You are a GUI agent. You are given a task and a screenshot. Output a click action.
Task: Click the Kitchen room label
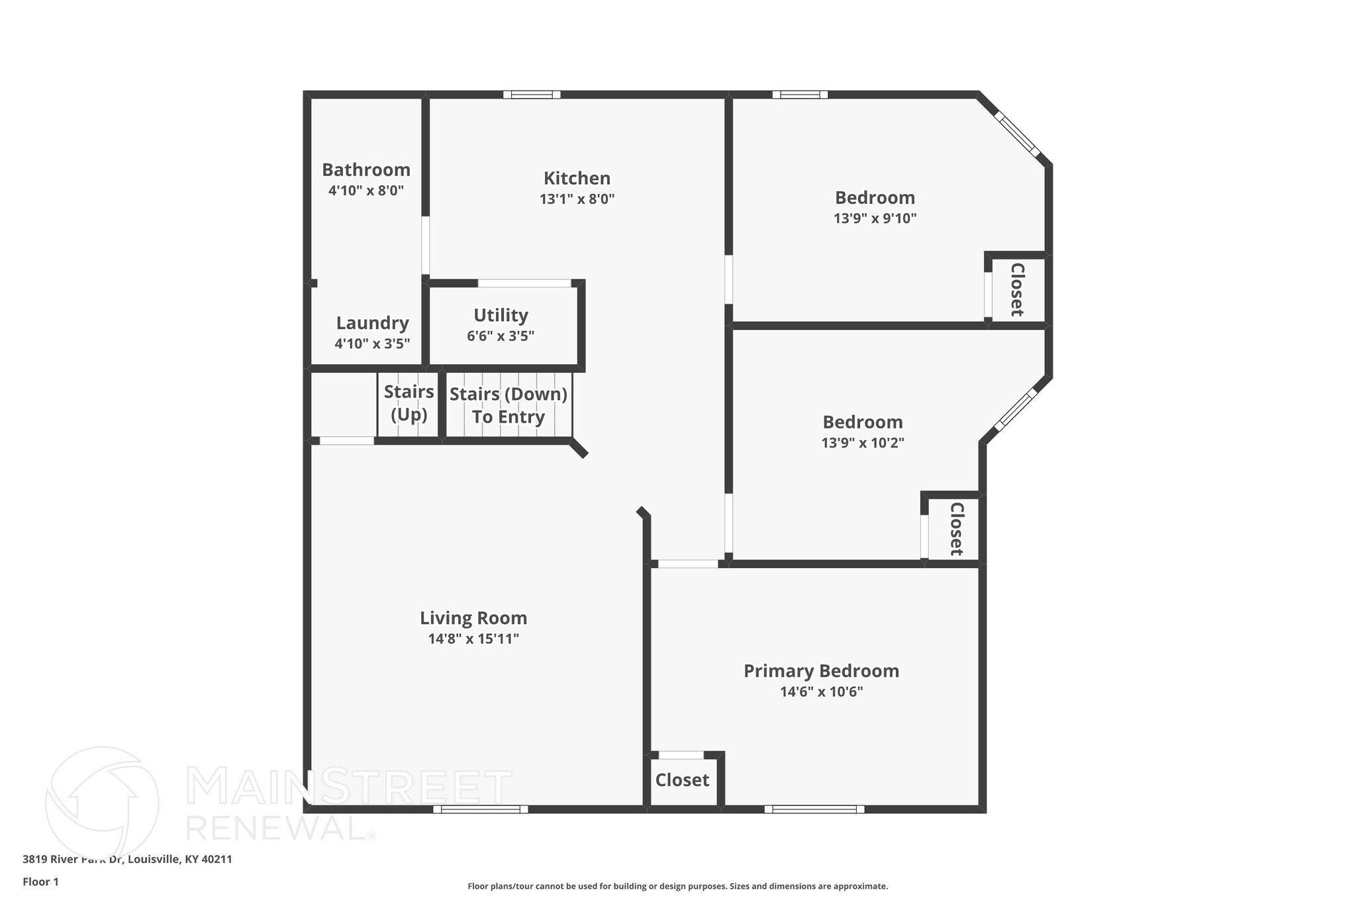(577, 178)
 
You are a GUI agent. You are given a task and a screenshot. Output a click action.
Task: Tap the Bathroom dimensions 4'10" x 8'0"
(366, 191)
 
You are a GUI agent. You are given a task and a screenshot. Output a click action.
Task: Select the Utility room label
(501, 315)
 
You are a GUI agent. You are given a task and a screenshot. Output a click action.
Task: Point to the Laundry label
(372, 323)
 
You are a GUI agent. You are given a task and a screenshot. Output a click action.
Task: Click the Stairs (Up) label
(409, 403)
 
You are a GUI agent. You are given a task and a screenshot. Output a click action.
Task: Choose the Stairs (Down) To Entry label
(508, 405)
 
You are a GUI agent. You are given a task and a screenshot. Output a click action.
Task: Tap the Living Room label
(473, 618)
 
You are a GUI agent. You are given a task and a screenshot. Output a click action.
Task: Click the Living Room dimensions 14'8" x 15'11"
(473, 639)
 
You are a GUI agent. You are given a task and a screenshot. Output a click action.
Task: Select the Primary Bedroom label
(821, 671)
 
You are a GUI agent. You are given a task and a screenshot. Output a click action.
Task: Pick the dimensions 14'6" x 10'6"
(821, 692)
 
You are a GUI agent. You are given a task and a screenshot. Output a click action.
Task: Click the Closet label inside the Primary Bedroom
(682, 780)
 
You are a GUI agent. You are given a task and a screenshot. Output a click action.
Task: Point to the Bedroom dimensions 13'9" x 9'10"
(875, 219)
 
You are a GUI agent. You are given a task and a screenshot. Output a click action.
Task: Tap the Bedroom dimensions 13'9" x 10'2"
(863, 443)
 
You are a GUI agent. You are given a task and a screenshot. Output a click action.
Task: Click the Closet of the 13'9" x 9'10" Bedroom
(1017, 289)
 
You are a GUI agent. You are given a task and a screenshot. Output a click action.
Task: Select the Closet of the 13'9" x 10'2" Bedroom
(956, 528)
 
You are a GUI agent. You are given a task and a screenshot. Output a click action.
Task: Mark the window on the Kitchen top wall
(532, 95)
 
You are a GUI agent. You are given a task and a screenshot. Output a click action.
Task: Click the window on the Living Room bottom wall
(481, 809)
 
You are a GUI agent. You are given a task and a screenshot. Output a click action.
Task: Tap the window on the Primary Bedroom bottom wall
(814, 809)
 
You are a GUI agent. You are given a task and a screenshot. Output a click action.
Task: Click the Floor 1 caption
(40, 881)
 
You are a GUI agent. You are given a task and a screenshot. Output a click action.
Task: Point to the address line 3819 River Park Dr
(127, 860)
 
